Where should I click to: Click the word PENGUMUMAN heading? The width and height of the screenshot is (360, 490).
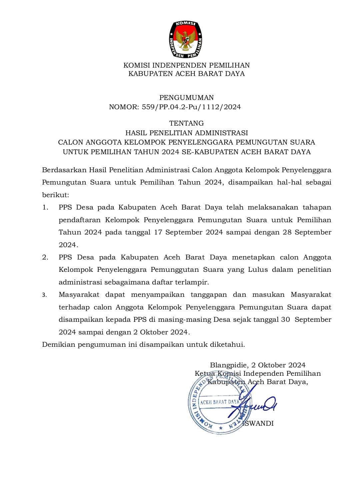[x=186, y=98]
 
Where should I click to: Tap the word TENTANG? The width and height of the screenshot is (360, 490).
[x=186, y=123]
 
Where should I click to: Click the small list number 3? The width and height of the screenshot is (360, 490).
[x=44, y=295]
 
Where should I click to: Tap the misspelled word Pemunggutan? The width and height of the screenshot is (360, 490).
[x=175, y=270]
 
